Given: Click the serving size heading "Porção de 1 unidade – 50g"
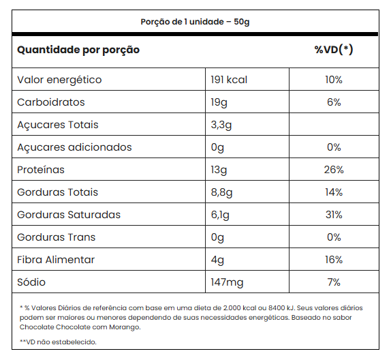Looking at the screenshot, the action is [x=195, y=22].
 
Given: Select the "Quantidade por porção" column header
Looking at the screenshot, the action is [x=78, y=50].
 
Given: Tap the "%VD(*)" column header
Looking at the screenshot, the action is [x=334, y=49].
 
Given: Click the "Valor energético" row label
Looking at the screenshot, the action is [x=59, y=80].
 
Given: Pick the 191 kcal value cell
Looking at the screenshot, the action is [x=229, y=80].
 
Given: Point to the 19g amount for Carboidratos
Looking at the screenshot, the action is [x=219, y=102].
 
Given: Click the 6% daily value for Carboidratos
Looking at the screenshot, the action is [x=334, y=102].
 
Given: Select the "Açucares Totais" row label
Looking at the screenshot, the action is [x=58, y=125].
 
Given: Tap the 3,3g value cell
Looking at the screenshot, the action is [x=221, y=125].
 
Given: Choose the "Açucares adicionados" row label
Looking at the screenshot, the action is [x=74, y=147].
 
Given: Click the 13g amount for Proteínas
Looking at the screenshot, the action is [x=219, y=170].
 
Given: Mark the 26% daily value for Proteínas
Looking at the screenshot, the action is [x=334, y=170].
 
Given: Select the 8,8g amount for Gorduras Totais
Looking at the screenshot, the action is [x=221, y=192].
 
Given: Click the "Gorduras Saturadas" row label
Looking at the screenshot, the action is [x=69, y=215].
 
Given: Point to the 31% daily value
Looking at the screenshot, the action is [x=334, y=215].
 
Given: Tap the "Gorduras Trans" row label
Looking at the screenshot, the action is [x=56, y=237].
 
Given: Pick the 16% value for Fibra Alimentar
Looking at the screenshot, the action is [x=334, y=260].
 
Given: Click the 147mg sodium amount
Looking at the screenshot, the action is [x=227, y=282].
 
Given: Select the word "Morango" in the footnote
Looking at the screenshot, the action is [x=125, y=327].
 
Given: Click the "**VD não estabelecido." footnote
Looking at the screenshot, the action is [x=58, y=342].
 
